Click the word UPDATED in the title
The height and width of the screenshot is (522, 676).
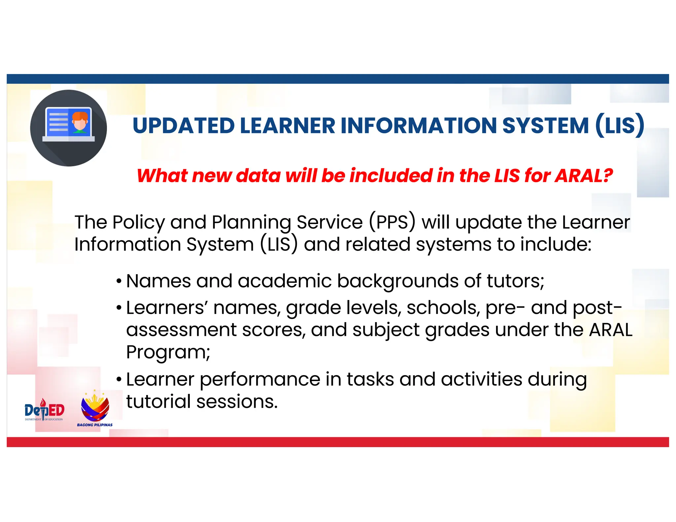pos(183,126)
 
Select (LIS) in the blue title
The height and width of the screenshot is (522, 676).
pos(620,126)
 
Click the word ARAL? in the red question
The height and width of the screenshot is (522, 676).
pos(584,176)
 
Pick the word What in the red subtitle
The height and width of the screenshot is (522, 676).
pos(161,176)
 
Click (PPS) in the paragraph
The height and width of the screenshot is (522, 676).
pos(392,222)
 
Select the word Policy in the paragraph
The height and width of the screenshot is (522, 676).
pos(138,222)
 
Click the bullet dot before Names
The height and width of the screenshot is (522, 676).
pos(119,282)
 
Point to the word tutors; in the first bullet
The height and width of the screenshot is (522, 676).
pos(515,281)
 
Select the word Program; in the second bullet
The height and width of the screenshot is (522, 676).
pos(168,352)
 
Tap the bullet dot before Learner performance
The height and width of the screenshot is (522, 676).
pos(119,380)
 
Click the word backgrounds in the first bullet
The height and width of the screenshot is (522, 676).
pos(398,281)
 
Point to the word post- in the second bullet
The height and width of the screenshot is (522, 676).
pos(597,308)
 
